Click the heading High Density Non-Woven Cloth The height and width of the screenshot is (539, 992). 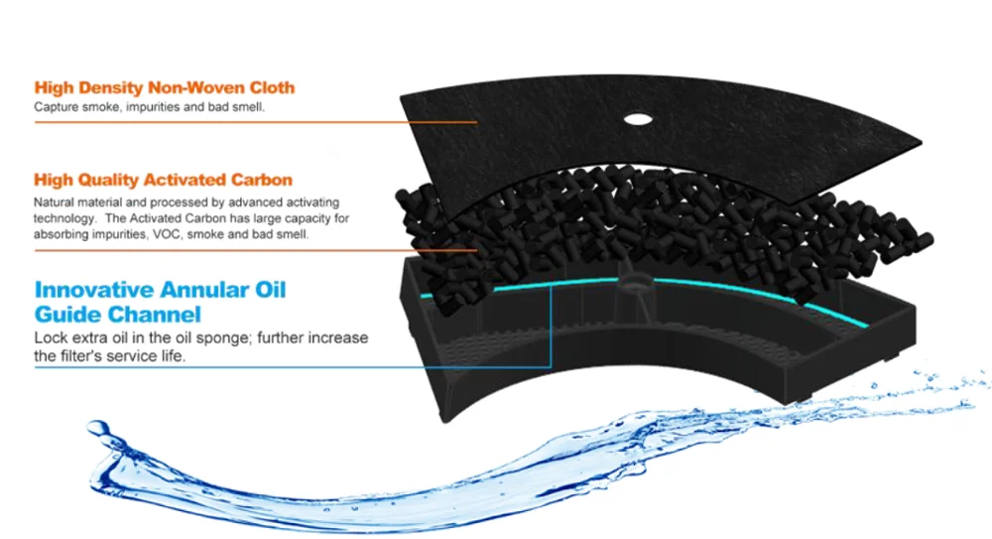(x=164, y=87)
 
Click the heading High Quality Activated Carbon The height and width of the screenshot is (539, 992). (x=163, y=180)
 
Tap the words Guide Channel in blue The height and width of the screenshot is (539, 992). (x=118, y=314)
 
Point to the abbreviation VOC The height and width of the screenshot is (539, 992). (x=198, y=235)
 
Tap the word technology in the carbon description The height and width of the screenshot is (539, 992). (x=63, y=218)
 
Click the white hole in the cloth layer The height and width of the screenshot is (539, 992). (x=637, y=120)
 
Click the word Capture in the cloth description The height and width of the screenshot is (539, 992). (x=56, y=106)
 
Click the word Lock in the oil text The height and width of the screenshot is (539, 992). (x=49, y=337)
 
